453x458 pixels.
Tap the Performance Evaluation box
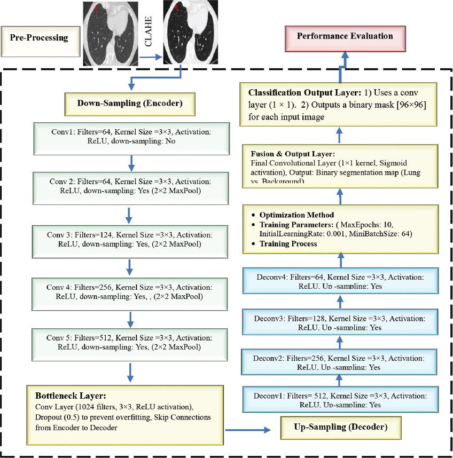[345, 37]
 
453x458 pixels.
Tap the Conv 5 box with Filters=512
[130, 343]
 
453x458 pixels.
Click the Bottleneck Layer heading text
[71, 396]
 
